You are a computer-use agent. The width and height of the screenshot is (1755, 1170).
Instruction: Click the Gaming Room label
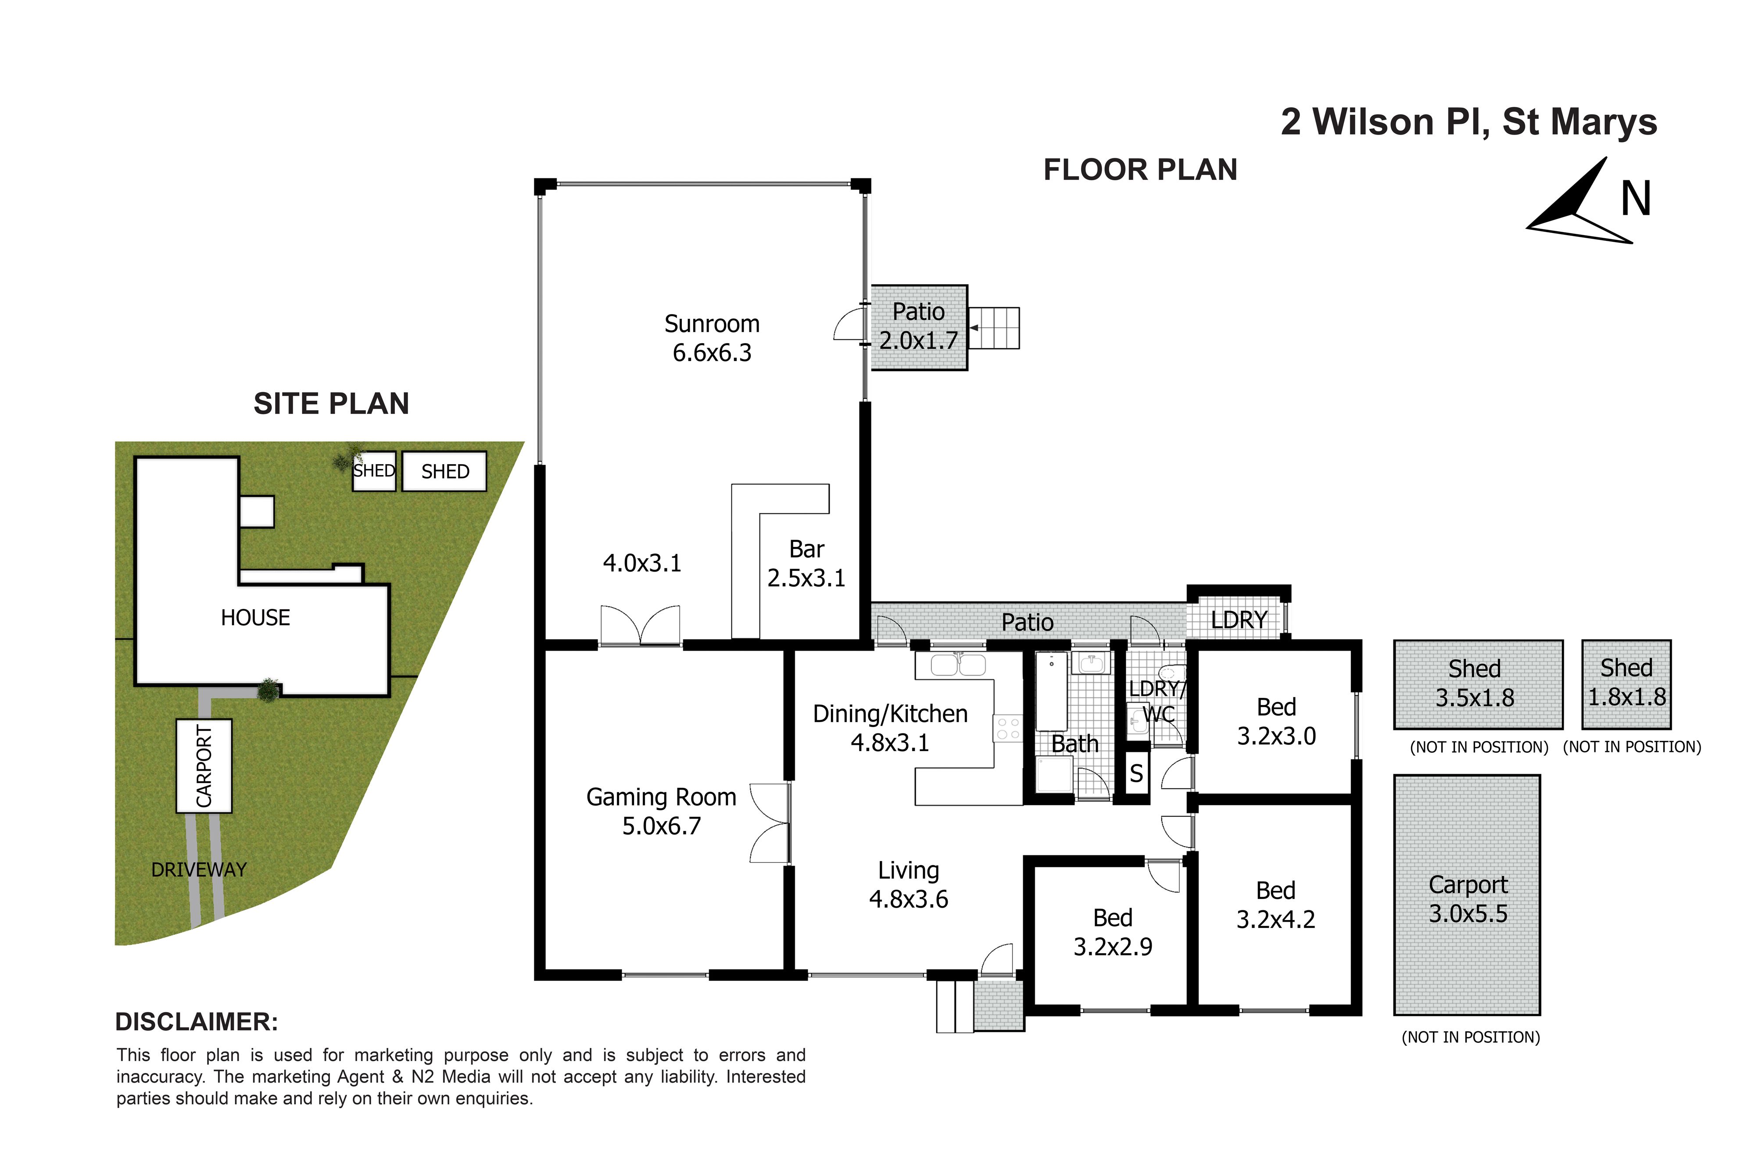click(661, 811)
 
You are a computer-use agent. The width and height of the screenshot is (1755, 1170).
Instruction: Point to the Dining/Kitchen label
click(890, 727)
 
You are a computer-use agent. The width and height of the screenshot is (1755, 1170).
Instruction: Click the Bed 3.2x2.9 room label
click(1113, 932)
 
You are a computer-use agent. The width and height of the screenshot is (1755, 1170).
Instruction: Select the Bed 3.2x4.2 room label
click(1276, 904)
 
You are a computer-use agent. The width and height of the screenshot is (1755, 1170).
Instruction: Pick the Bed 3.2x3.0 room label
click(1277, 721)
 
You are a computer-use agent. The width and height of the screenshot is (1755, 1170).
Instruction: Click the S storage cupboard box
click(1136, 773)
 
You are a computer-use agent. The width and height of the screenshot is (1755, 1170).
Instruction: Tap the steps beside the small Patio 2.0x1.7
click(995, 328)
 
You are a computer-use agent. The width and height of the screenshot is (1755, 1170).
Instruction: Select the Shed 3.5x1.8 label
click(1475, 683)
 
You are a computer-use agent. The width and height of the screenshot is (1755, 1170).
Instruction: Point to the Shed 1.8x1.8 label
click(1626, 682)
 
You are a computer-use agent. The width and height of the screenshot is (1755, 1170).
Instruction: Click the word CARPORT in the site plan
click(204, 766)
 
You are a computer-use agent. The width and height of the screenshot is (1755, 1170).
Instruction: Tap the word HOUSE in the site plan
click(255, 618)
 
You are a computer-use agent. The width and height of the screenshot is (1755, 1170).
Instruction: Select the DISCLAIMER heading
click(197, 1022)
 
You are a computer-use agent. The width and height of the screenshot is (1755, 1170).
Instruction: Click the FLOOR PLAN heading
click(1140, 170)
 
